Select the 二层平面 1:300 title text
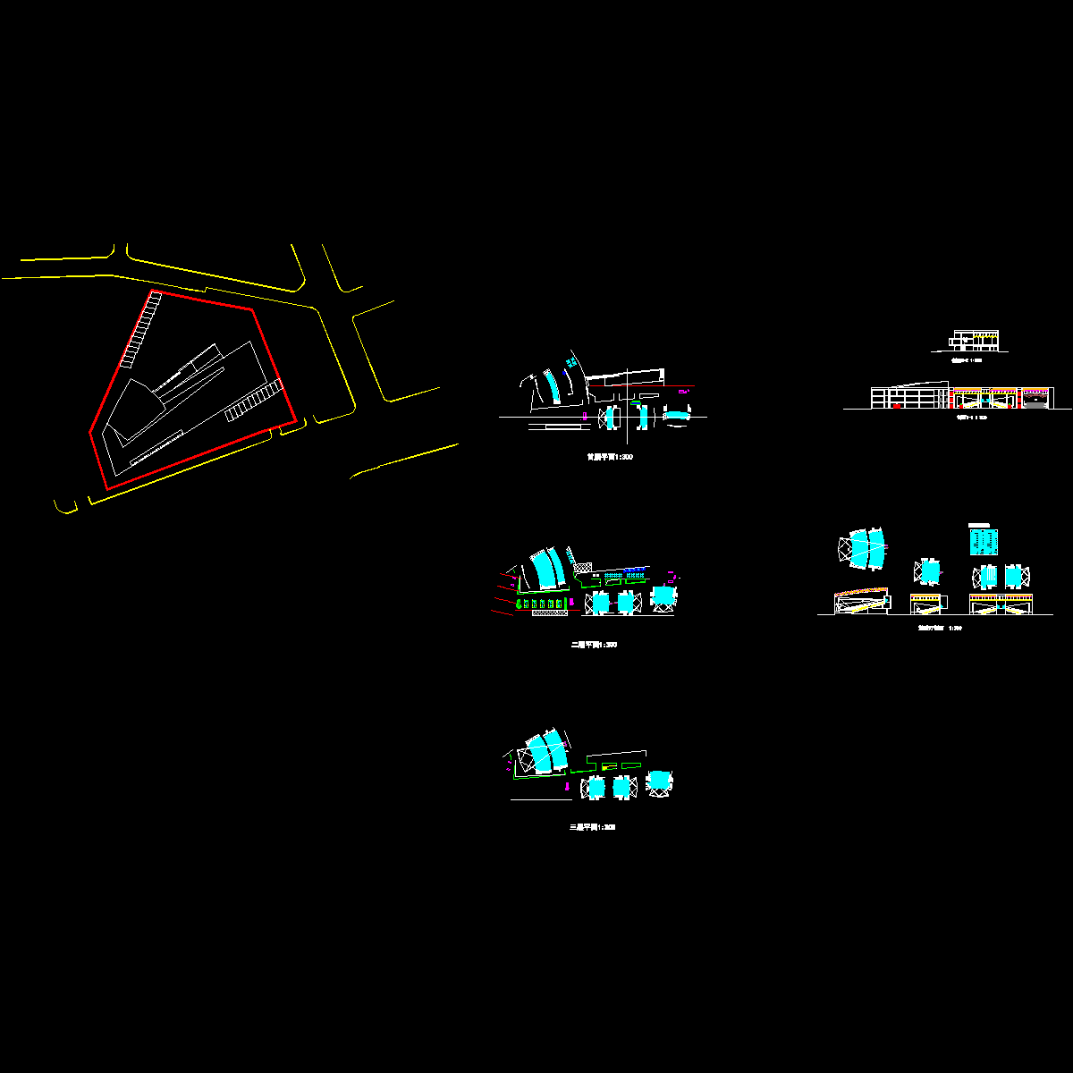pyautogui.click(x=594, y=645)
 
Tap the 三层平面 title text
pyautogui.click(x=592, y=827)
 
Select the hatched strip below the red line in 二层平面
pyautogui.click(x=548, y=613)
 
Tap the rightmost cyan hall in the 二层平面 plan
pyautogui.click(x=663, y=596)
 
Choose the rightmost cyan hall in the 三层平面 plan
pyautogui.click(x=659, y=782)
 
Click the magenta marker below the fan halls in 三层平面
pyautogui.click(x=568, y=786)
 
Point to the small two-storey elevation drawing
pyautogui.click(x=974, y=341)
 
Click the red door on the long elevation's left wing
pyautogui.click(x=896, y=406)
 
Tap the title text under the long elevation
pyautogui.click(x=969, y=417)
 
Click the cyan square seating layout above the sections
pyautogui.click(x=984, y=541)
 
